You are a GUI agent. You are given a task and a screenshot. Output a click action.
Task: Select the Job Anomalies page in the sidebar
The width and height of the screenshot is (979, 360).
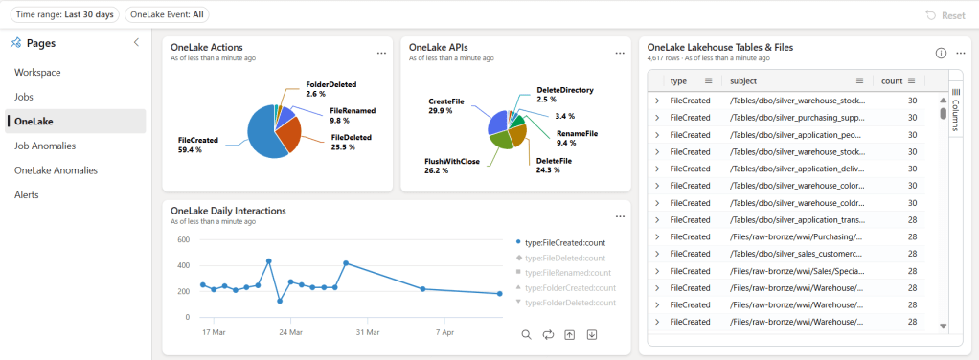click(45, 146)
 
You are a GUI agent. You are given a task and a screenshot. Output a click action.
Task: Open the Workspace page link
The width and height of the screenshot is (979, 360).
click(37, 72)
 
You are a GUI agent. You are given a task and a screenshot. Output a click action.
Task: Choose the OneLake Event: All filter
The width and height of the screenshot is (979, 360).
click(168, 14)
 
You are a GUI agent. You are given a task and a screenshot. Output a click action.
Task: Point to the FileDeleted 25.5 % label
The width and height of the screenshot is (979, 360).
click(352, 143)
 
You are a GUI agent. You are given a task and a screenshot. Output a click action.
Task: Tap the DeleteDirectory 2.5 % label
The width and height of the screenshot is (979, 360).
click(565, 95)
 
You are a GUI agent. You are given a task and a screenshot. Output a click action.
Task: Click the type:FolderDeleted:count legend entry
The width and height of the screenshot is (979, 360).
click(565, 303)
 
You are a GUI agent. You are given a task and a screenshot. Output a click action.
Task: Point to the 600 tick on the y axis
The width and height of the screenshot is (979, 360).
click(182, 240)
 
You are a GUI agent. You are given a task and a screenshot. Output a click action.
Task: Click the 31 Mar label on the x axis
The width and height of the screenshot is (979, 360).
click(367, 332)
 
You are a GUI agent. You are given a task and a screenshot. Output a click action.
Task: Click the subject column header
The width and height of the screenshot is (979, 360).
click(743, 81)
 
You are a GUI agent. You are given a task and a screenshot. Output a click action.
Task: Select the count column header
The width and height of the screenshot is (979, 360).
click(892, 81)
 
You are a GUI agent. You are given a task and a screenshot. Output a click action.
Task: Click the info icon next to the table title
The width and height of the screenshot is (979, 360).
click(941, 53)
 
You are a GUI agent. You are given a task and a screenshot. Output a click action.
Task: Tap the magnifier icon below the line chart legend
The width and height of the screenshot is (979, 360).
click(526, 334)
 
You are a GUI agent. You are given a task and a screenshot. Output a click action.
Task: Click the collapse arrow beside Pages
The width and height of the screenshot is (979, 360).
click(136, 43)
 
